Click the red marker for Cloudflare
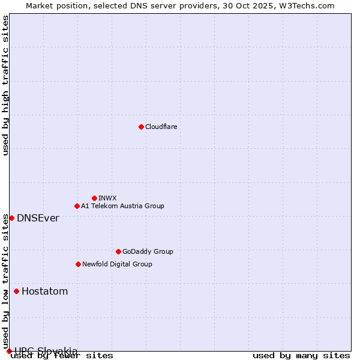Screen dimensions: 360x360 click(141, 127)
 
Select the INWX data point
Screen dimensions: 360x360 click(94, 198)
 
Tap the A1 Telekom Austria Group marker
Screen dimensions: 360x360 click(77, 206)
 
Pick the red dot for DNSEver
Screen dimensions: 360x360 click(11, 218)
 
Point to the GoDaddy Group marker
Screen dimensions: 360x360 click(118, 251)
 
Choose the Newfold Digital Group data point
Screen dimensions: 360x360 click(78, 264)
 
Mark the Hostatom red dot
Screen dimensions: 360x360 click(16, 292)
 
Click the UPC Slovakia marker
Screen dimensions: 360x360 click(9, 351)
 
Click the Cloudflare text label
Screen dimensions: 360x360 click(161, 127)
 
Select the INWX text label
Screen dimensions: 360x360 click(107, 198)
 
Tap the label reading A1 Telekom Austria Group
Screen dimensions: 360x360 click(122, 206)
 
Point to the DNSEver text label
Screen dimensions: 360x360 click(38, 218)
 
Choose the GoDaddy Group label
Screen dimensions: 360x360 click(148, 251)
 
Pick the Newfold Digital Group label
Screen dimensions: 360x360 click(117, 264)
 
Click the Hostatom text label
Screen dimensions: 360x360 click(44, 292)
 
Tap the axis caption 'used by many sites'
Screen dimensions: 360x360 click(301, 356)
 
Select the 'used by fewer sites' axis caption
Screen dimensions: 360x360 click(62, 356)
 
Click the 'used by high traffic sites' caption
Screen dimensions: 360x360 click(6, 85)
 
